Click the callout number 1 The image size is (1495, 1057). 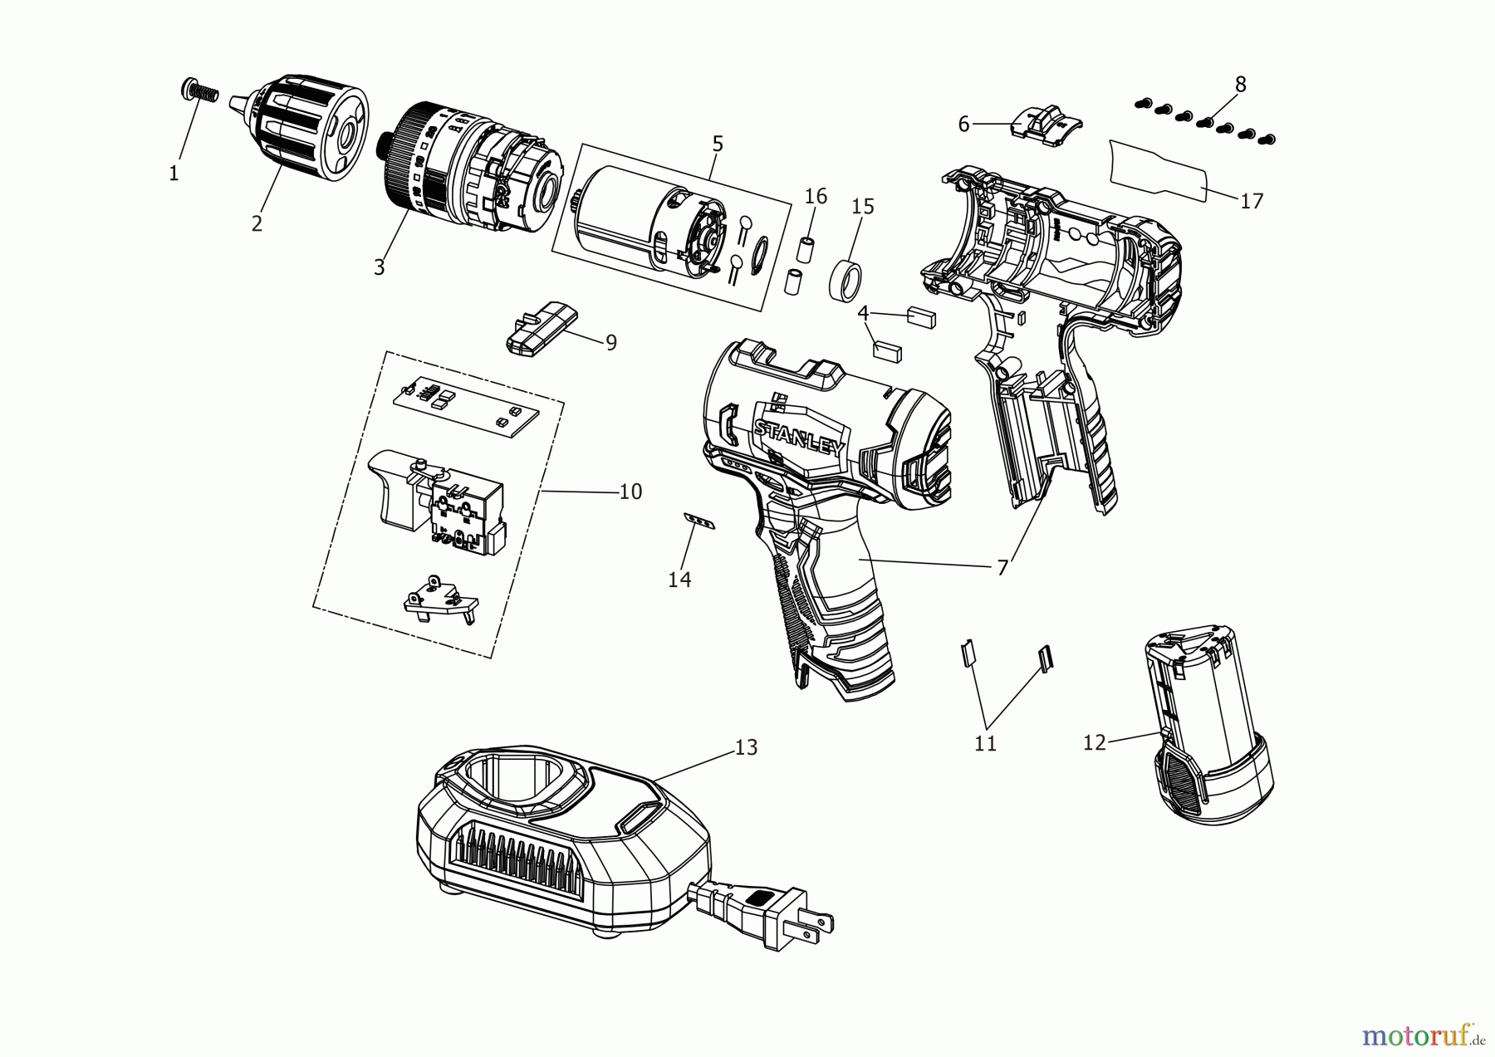pyautogui.click(x=174, y=174)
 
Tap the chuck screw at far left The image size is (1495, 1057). pyautogui.click(x=198, y=91)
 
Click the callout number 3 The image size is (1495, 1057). pyautogui.click(x=379, y=267)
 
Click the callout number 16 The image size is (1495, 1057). pyautogui.click(x=816, y=196)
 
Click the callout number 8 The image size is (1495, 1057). pyautogui.click(x=1240, y=84)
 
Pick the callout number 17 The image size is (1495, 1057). pyautogui.click(x=1251, y=201)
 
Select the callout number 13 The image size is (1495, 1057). pyautogui.click(x=746, y=747)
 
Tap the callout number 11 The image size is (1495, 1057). pyautogui.click(x=985, y=744)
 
